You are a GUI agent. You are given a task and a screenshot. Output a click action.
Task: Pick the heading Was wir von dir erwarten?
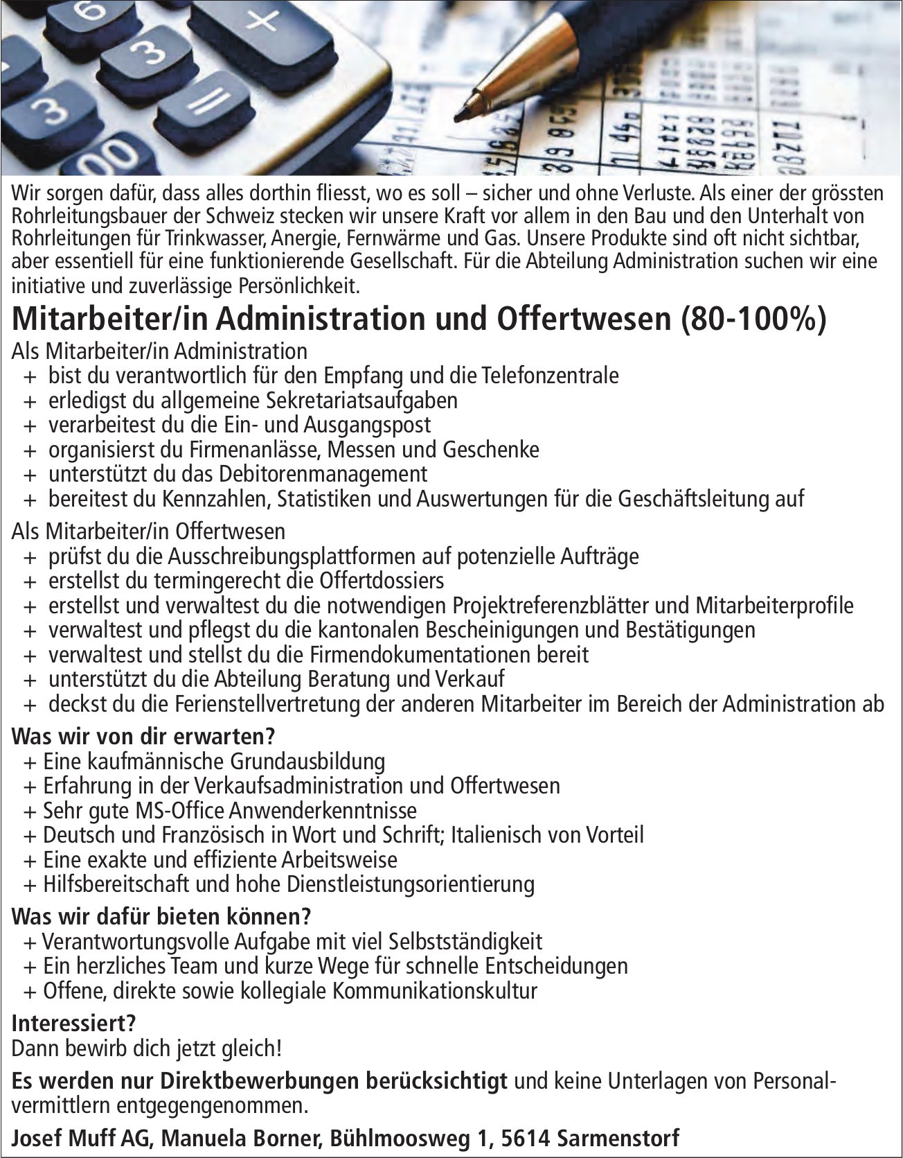(144, 735)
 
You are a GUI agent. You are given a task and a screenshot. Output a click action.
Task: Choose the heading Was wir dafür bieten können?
(161, 917)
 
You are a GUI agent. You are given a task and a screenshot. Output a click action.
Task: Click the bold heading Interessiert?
(74, 1023)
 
